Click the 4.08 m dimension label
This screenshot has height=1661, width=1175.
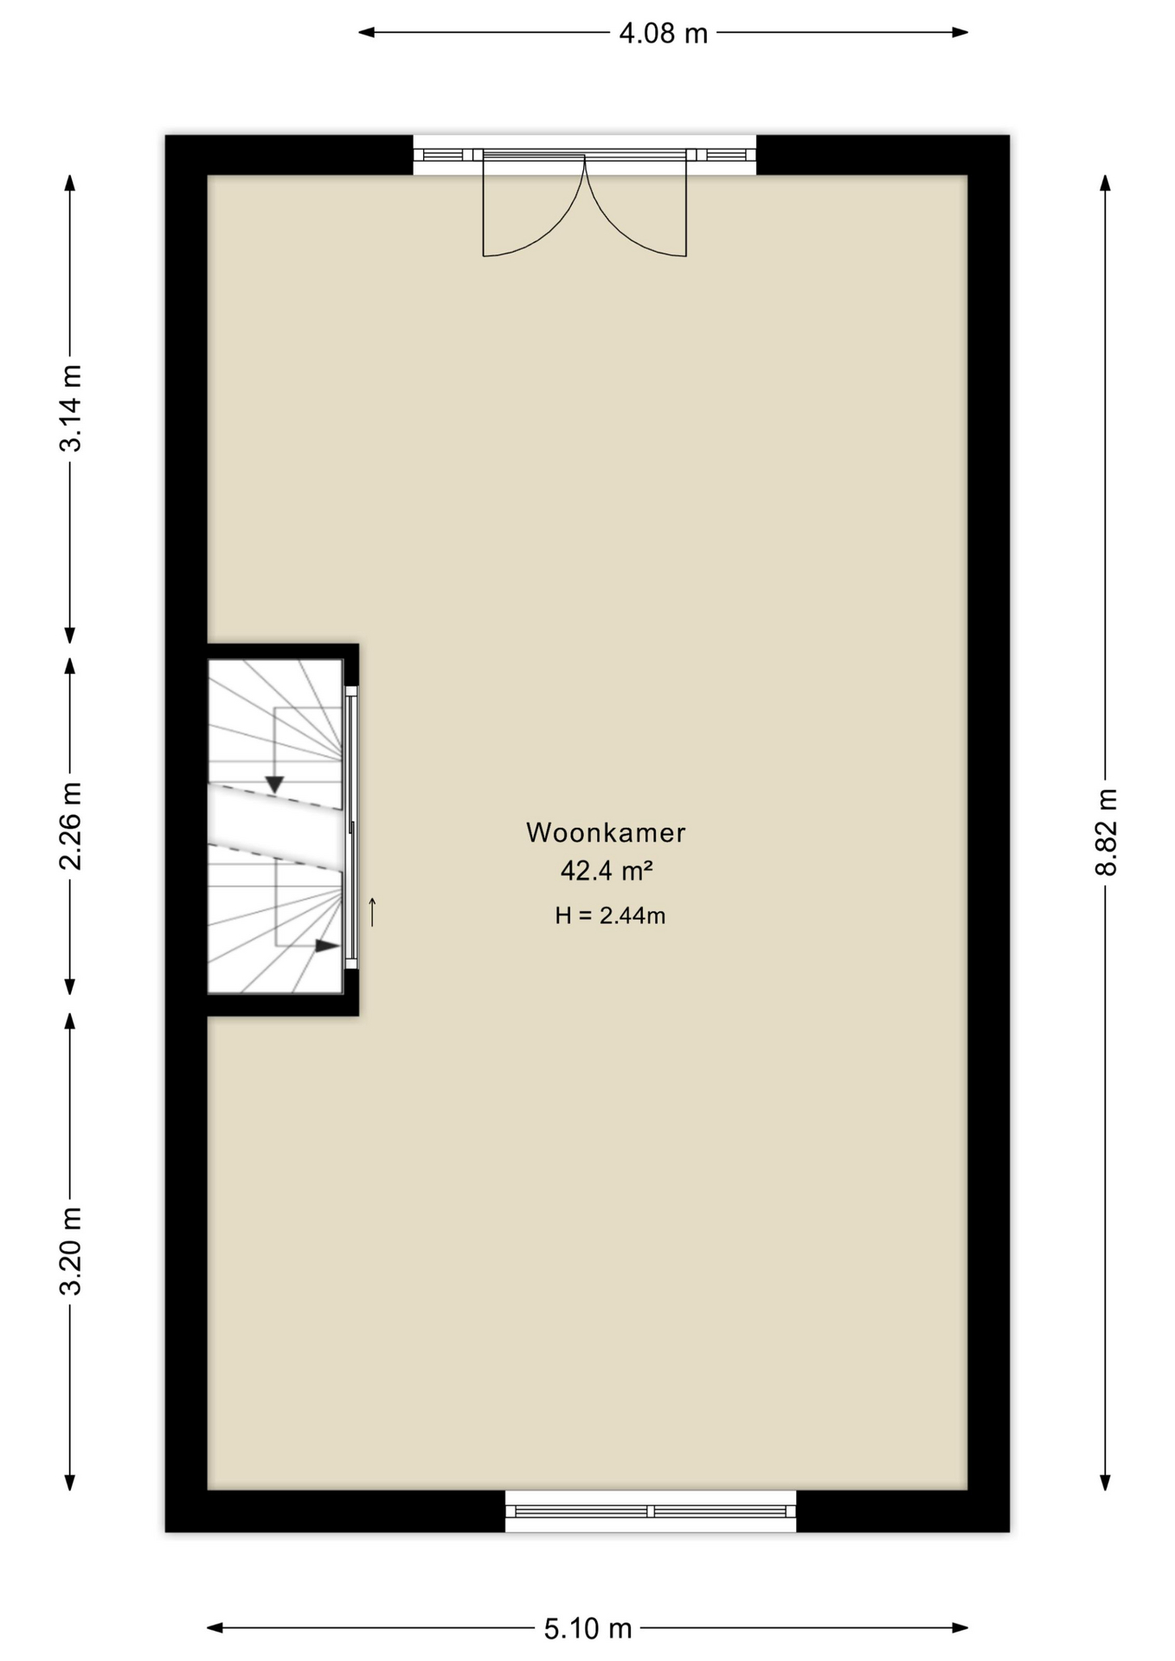[663, 34]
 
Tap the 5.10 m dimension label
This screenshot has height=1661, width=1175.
[587, 1629]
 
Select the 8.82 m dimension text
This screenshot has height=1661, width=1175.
[1106, 832]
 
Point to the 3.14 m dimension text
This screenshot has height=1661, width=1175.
[70, 408]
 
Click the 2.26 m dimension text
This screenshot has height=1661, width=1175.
[70, 826]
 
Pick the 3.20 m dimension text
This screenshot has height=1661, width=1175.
[70, 1251]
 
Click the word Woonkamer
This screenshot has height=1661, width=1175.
[606, 832]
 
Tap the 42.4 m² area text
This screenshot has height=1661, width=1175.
[606, 870]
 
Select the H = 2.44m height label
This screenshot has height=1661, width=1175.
[610, 915]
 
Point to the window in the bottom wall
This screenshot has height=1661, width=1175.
[651, 1511]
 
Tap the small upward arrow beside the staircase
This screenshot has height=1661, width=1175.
[373, 912]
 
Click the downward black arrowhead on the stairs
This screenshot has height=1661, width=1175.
[274, 785]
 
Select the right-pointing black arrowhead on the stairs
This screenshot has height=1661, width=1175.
[327, 946]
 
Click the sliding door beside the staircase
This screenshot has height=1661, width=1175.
[351, 827]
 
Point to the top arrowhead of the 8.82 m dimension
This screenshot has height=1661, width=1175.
[1105, 183]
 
